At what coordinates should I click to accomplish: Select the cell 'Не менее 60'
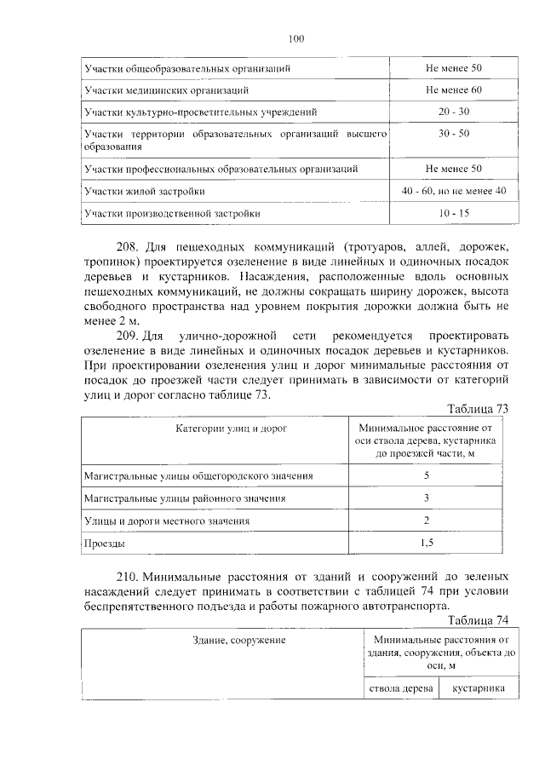pos(454,89)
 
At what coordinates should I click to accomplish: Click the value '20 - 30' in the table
pos(454,112)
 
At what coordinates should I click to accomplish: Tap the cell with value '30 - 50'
pos(454,134)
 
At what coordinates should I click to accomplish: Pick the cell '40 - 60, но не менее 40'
pos(454,192)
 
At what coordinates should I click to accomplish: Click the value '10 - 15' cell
pos(454,214)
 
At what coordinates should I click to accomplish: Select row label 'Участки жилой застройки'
pos(144,192)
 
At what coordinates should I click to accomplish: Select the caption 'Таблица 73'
pos(478,408)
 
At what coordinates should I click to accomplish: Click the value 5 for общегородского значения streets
pos(426,475)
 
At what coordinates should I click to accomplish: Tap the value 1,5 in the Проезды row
pos(426,542)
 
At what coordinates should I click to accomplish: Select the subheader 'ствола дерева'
pos(401,688)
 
